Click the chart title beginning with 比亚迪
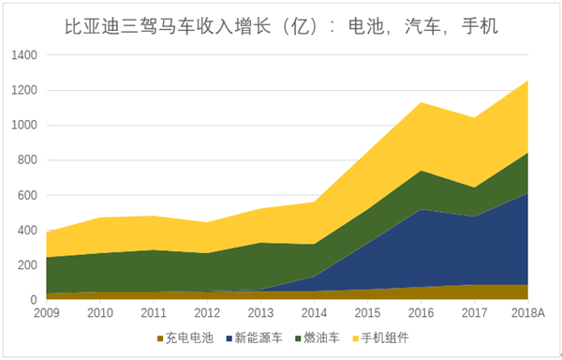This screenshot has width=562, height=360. [x=281, y=24]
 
